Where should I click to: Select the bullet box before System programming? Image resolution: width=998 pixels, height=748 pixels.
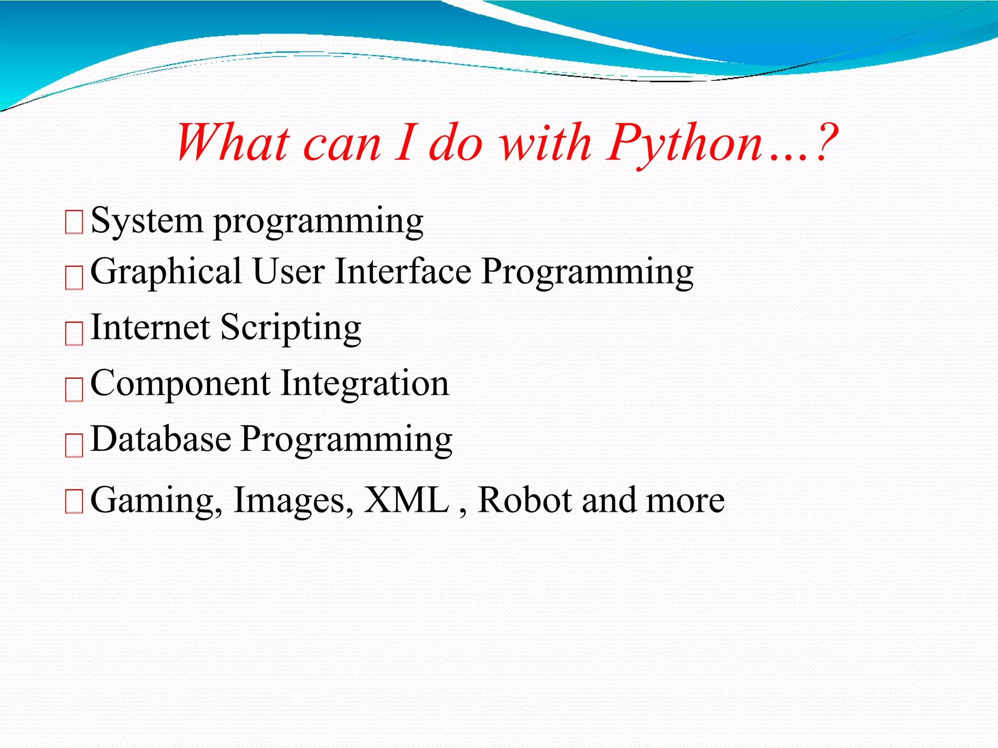pos(74,222)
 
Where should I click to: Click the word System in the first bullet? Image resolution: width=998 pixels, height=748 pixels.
pos(147,222)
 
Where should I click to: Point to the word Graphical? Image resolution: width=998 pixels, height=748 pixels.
pos(166,273)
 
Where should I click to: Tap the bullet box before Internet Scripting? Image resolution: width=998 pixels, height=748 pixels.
pos(74,333)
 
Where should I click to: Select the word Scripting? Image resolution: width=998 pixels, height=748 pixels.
pos(291,328)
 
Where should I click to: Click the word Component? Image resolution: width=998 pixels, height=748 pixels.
pos(180,385)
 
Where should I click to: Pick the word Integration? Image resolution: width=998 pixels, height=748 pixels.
pos(365,385)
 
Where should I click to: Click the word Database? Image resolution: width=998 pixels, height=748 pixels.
pos(161,439)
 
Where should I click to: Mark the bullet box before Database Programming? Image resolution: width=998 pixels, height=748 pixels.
pos(74,445)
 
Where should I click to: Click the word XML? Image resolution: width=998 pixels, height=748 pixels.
pos(407,500)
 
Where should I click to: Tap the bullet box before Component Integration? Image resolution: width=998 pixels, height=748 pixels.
pos(74,390)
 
